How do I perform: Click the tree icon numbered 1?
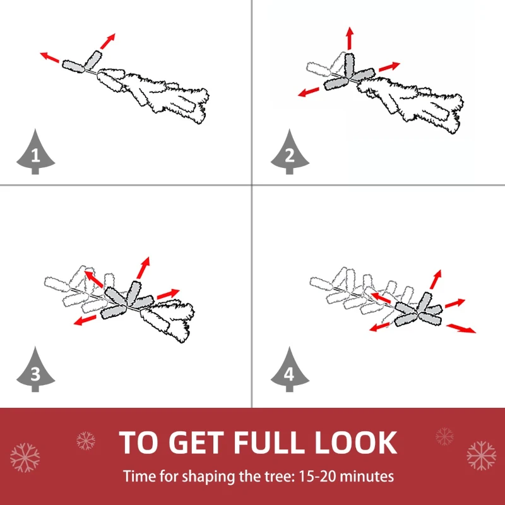(x=35, y=152)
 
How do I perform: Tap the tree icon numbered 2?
(x=290, y=152)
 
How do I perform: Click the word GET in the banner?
(x=196, y=443)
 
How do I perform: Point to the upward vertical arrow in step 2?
(x=350, y=39)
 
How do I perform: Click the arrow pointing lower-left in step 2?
(x=309, y=92)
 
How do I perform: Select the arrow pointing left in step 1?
(x=50, y=57)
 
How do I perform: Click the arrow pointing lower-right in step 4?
(x=461, y=328)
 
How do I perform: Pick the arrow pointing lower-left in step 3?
(x=85, y=320)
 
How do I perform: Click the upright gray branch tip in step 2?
(x=349, y=66)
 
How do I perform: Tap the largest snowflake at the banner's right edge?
(x=481, y=456)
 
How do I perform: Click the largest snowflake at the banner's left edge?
(x=25, y=458)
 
